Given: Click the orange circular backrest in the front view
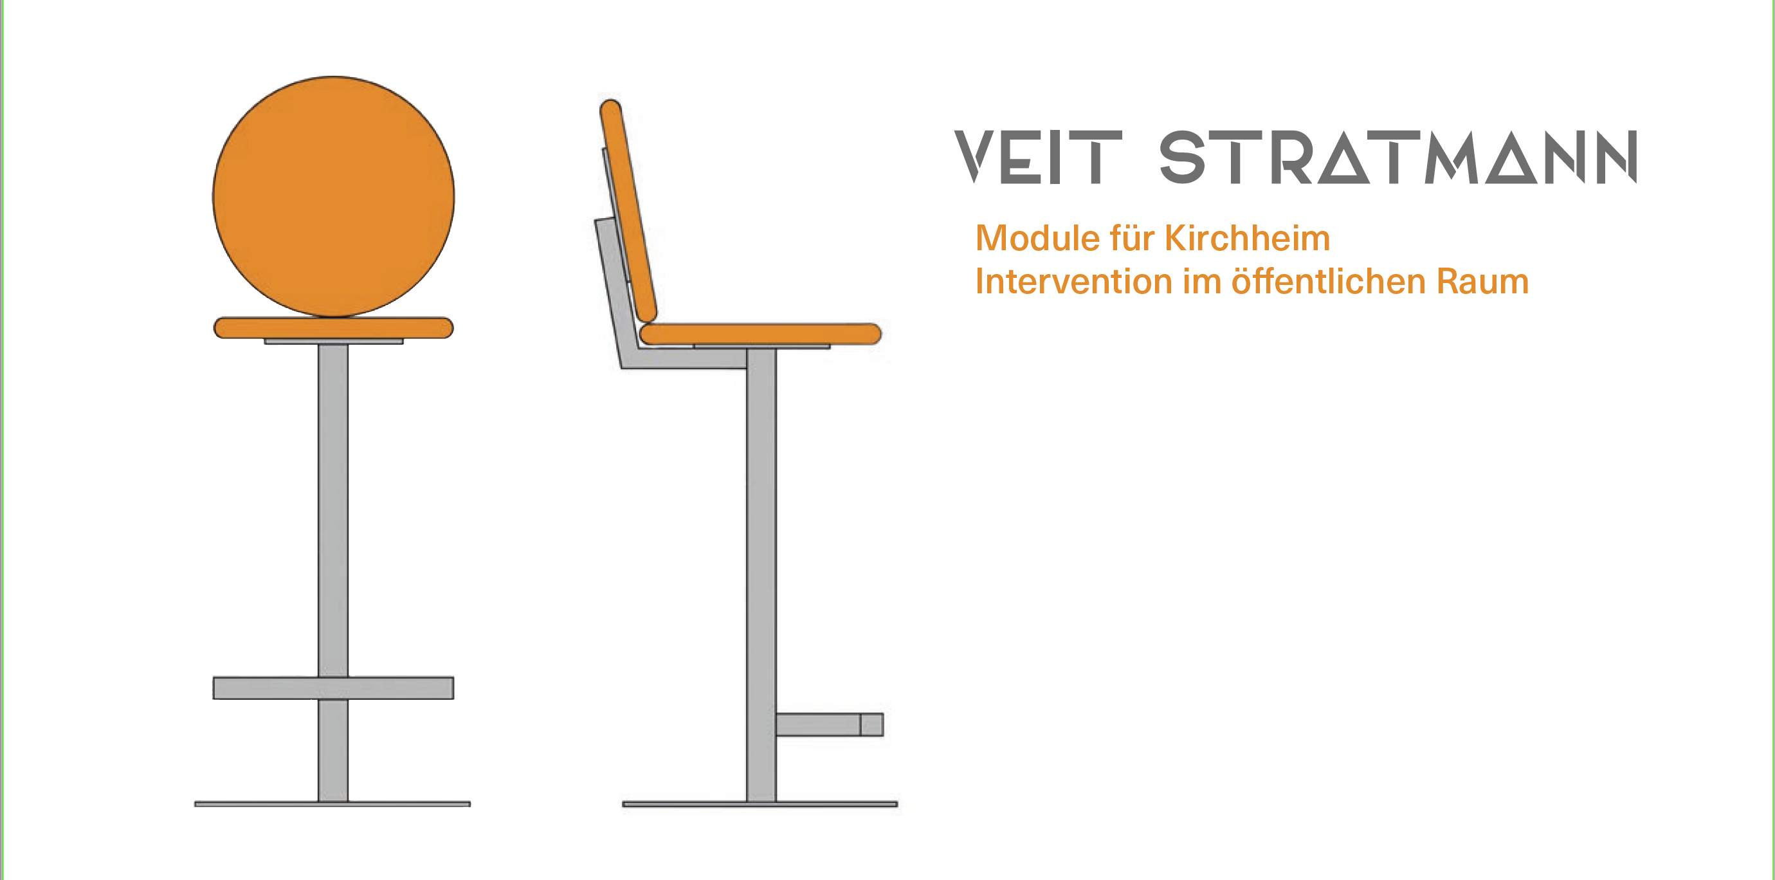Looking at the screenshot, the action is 334,196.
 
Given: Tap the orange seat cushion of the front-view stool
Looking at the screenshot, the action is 334,328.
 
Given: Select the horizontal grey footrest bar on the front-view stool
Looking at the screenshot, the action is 334,688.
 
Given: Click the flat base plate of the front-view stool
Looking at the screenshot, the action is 333,804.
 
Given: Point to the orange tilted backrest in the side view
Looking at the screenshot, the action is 628,211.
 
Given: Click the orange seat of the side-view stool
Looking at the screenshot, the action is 761,333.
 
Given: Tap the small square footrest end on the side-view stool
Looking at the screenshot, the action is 871,724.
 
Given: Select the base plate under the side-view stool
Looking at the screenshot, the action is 760,804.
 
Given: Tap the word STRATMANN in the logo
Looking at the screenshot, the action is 1398,157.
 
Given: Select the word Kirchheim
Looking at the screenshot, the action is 1247,239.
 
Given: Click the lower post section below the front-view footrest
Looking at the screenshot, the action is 333,751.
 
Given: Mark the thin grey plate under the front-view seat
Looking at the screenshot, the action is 334,341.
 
